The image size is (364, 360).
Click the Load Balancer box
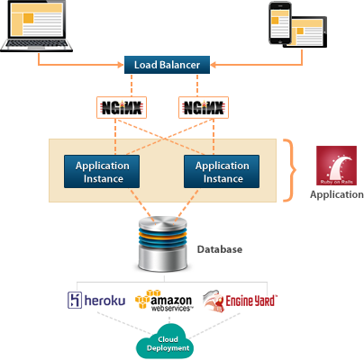coord(167,65)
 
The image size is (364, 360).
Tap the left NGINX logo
coord(122,107)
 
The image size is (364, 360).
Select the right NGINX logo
coord(204,107)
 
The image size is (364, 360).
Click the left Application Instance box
coord(102,172)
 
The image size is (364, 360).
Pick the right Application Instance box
coord(222,172)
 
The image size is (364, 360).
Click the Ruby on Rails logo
coord(336,166)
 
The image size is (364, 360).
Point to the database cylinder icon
coord(163,245)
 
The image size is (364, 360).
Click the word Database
coord(220,249)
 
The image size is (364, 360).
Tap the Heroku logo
coord(96,300)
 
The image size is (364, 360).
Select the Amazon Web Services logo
coord(164,301)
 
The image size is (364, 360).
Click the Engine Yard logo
coord(240,301)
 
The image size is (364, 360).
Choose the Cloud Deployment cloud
coord(165,342)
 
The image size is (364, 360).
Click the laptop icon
coord(36,26)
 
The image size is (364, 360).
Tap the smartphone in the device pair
coord(279,23)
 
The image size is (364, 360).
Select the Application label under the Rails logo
coord(337,195)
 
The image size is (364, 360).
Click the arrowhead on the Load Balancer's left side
coord(121,65)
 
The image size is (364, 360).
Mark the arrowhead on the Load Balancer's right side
coord(214,65)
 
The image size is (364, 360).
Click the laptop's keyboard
coord(36,44)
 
